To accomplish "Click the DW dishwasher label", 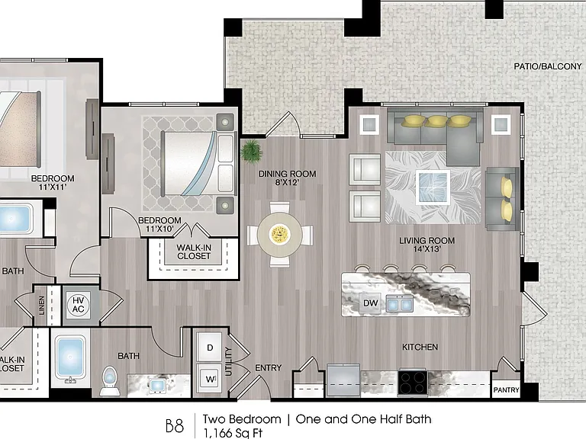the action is pyautogui.click(x=370, y=303).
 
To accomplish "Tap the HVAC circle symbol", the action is pyautogui.click(x=78, y=305).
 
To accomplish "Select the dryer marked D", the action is pyautogui.click(x=210, y=348).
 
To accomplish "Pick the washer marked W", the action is pyautogui.click(x=210, y=380).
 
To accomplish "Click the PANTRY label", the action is pyautogui.click(x=506, y=390).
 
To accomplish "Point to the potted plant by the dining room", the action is pyautogui.click(x=251, y=151).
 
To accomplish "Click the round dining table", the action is pyautogui.click(x=280, y=235).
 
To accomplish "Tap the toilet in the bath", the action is pyautogui.click(x=110, y=380).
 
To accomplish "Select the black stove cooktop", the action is pyautogui.click(x=413, y=383).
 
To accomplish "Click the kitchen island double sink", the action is pyautogui.click(x=400, y=303).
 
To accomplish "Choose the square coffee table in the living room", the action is pyautogui.click(x=433, y=187).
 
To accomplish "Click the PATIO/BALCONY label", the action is pyautogui.click(x=548, y=66).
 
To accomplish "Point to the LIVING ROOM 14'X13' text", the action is pyautogui.click(x=427, y=245).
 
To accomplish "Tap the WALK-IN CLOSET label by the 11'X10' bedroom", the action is pyautogui.click(x=194, y=252).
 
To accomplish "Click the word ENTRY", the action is pyautogui.click(x=268, y=367).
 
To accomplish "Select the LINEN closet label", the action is pyautogui.click(x=41, y=306).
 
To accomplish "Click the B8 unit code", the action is pyautogui.click(x=175, y=425).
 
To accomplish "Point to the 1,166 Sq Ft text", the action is pyautogui.click(x=233, y=433).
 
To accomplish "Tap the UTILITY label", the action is pyautogui.click(x=229, y=361).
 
